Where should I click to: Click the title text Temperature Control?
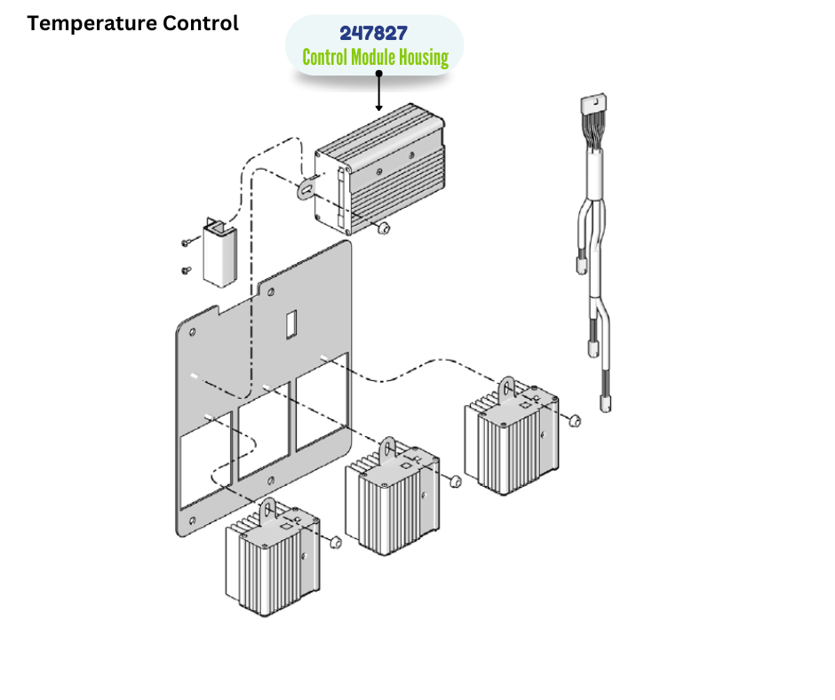pos(132,23)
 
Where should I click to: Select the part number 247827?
pos(374,34)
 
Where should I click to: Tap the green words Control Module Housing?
pos(375,59)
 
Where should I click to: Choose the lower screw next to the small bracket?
pos(187,270)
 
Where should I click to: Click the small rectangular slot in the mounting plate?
pos(290,324)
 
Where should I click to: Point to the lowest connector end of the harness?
pos(606,403)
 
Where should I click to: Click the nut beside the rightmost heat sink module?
pos(575,419)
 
